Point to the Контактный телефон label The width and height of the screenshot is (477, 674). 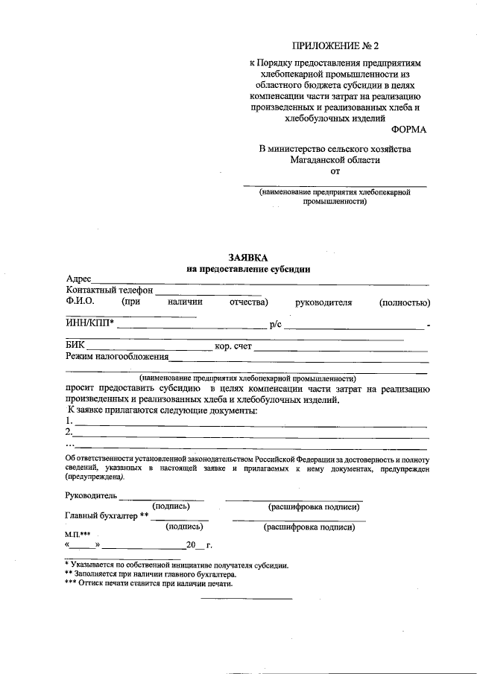click(109, 290)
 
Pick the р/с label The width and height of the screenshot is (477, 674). click(275, 322)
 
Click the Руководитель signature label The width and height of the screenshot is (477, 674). click(91, 495)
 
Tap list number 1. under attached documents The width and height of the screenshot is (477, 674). click(69, 421)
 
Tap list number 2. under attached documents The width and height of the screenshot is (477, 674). click(69, 432)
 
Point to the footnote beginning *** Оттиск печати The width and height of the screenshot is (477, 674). click(148, 584)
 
